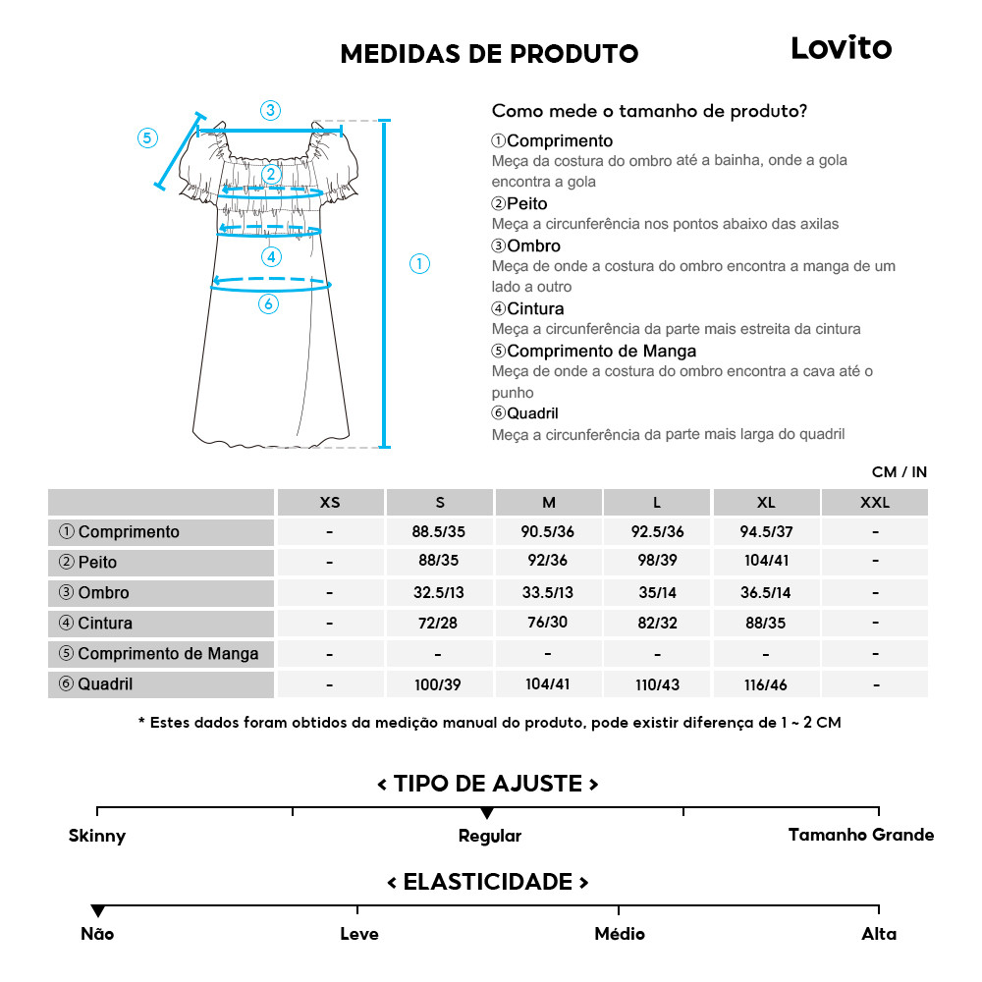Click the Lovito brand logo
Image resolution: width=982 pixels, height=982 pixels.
click(841, 48)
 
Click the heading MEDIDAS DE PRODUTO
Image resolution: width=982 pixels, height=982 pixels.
click(489, 54)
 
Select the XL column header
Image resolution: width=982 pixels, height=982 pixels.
click(766, 503)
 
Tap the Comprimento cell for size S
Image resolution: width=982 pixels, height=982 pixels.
click(439, 532)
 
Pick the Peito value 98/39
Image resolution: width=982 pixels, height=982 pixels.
click(657, 563)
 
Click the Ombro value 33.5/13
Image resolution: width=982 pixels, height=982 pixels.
click(548, 593)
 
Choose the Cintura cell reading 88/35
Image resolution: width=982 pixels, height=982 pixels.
click(766, 624)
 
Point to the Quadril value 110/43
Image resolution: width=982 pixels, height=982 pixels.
click(657, 684)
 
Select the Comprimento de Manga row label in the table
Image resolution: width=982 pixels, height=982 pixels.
click(159, 654)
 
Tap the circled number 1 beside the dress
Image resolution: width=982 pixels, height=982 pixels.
click(419, 263)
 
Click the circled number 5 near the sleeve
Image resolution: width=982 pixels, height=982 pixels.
click(147, 137)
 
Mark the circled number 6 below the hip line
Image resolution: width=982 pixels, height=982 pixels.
click(268, 304)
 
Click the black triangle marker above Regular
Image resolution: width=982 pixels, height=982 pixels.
click(486, 813)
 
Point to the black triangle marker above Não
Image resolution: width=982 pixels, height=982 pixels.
click(97, 911)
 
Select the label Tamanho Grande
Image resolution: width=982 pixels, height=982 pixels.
click(861, 835)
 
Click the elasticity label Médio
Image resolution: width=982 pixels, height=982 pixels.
click(620, 933)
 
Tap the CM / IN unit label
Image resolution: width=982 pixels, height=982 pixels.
click(899, 472)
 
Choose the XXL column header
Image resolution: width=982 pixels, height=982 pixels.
click(874, 503)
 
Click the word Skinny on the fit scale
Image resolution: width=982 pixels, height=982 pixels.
click(97, 836)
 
